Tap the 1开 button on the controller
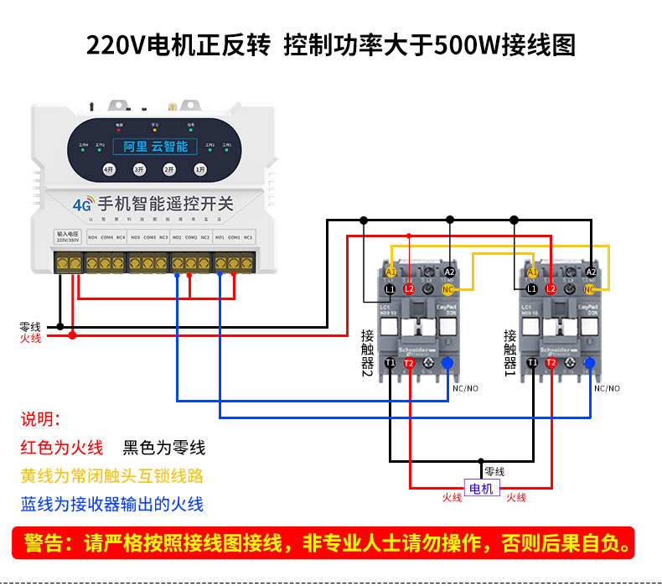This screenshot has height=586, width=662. [x=199, y=169]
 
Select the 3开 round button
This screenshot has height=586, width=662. [x=139, y=169]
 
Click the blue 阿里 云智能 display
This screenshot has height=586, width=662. [x=155, y=147]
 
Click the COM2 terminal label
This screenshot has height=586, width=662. [x=190, y=238]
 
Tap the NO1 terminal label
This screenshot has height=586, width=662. [x=219, y=238]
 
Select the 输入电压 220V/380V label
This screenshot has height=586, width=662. [x=66, y=237]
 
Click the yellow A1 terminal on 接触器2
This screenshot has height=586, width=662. [x=390, y=272]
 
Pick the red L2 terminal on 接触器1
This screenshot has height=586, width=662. [x=551, y=289]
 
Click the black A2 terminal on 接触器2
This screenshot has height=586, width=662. [x=449, y=272]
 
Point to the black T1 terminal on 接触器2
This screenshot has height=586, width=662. [x=390, y=363]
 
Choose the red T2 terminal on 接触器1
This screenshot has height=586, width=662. [x=551, y=363]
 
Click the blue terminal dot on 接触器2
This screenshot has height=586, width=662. [x=447, y=363]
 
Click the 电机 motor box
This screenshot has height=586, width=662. [x=482, y=489]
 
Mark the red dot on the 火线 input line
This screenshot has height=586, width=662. [x=72, y=335]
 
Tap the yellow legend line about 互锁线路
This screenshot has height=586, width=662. [x=112, y=476]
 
